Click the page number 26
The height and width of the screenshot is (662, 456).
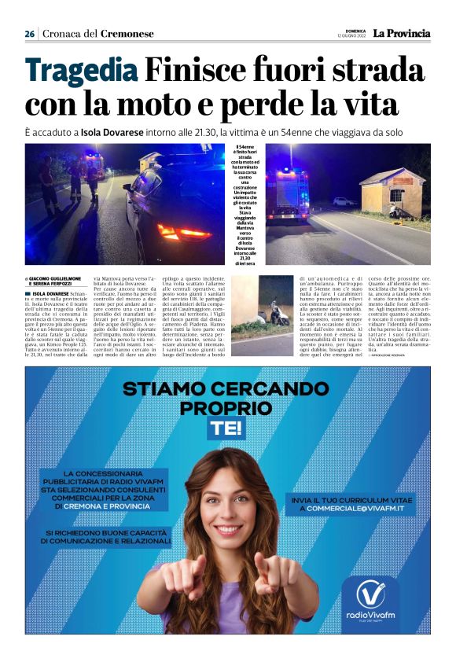(30, 34)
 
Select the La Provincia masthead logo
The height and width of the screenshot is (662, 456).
(401, 33)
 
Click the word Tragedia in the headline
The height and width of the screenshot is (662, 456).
(80, 72)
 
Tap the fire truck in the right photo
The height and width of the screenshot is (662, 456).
(289, 192)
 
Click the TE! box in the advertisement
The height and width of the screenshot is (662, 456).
(226, 428)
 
